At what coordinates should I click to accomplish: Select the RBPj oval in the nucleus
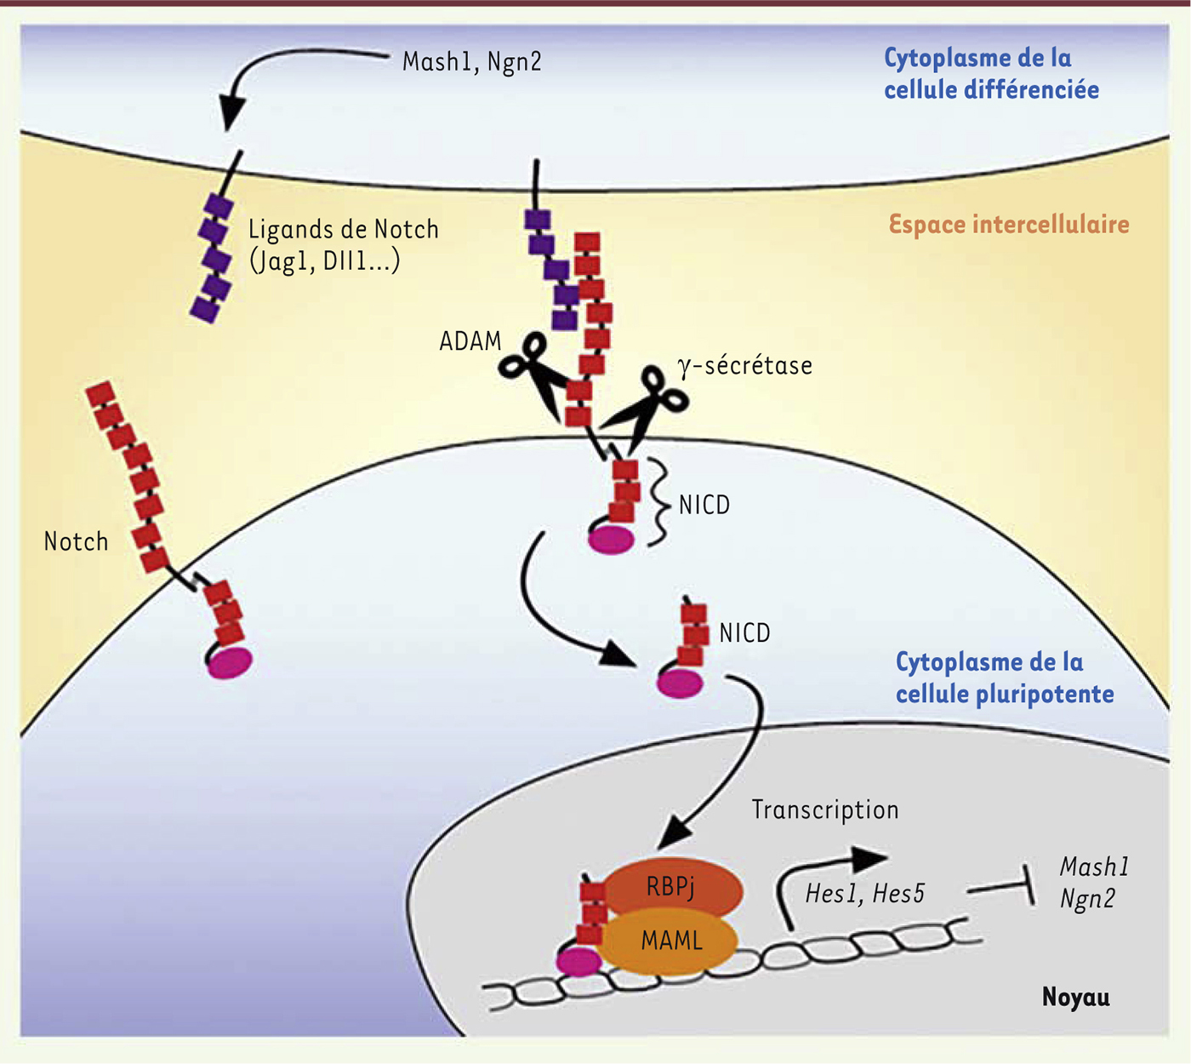671,888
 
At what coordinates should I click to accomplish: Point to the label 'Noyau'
1075,997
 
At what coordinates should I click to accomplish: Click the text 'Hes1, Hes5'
864,894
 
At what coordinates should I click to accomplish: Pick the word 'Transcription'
824,809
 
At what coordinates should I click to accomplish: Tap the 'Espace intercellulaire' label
1009,225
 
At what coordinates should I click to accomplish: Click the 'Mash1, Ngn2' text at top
471,62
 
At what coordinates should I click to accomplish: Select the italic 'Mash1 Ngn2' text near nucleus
1093,883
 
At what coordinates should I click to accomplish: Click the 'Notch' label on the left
76,542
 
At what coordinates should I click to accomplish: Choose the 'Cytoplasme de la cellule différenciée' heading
991,74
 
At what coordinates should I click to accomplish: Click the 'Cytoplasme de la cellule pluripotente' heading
1004,678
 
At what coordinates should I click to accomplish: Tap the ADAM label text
470,341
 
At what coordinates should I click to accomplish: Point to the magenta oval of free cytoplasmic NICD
680,683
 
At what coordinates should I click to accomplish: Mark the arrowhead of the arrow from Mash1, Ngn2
231,115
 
